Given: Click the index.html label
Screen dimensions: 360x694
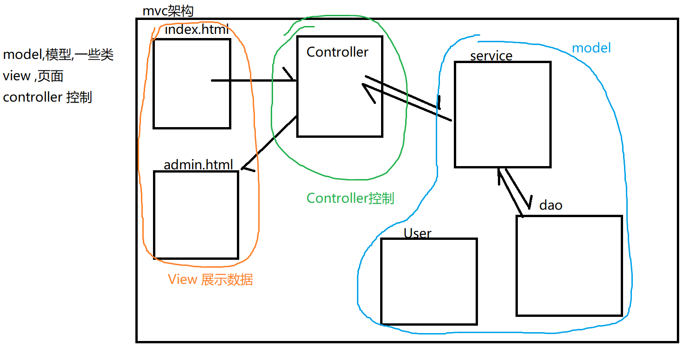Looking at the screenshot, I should (x=197, y=31).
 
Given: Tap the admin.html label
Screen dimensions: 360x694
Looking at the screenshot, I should (x=198, y=165).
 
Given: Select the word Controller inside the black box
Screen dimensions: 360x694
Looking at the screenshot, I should (x=337, y=52).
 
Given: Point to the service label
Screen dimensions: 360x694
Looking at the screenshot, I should (x=491, y=56).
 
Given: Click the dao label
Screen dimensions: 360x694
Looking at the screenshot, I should (x=551, y=205).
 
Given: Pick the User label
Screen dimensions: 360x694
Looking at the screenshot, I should (x=417, y=233).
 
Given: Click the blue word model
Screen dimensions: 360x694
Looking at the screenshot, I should (x=591, y=48).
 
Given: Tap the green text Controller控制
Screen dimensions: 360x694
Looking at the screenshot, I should (x=350, y=199).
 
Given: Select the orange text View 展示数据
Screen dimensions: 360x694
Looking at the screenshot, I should (x=210, y=280).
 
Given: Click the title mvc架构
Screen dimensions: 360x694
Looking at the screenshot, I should (x=167, y=11).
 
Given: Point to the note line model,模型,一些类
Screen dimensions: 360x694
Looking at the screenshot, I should (x=58, y=55).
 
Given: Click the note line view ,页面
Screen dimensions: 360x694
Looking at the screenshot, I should (x=33, y=76).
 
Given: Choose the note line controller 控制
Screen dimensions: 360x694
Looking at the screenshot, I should (x=47, y=97).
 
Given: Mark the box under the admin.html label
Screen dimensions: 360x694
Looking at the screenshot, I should (x=196, y=215).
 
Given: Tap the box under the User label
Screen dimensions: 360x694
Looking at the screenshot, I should (x=429, y=281).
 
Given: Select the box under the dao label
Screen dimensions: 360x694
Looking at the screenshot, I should (x=569, y=265).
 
